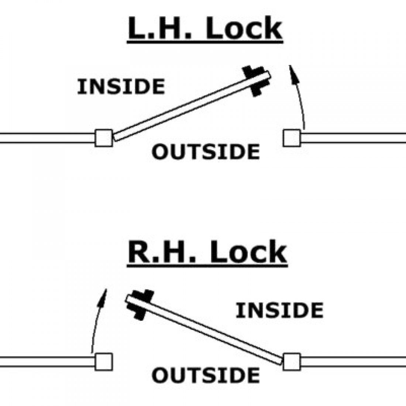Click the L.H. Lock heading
(205, 30)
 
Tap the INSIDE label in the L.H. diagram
(121, 86)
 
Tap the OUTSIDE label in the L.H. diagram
(206, 152)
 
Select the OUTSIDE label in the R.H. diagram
(206, 375)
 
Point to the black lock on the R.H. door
(139, 303)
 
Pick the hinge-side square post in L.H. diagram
(104, 138)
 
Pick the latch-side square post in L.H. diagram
(292, 138)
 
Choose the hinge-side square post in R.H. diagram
(292, 361)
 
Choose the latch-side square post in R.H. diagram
(104, 361)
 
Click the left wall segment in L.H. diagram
(46, 138)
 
